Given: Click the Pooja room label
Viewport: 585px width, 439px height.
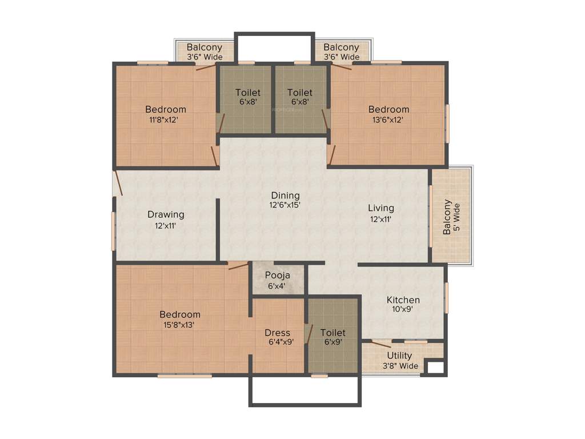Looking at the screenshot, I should pos(277,275).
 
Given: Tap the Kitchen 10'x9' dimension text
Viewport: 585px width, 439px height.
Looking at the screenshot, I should pos(403,309).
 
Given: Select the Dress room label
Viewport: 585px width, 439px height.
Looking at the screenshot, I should pos(277,333).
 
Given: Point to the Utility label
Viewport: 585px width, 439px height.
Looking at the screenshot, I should pos(399,356).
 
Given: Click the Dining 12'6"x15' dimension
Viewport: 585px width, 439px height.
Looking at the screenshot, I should pos(285,205).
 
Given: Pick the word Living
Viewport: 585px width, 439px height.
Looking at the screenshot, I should pos(380,208).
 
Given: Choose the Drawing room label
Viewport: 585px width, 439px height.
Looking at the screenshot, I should pos(166,214).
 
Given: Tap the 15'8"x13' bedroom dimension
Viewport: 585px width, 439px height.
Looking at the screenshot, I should pos(180,324).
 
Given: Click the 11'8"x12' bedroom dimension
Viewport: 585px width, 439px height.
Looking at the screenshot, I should pos(165,119).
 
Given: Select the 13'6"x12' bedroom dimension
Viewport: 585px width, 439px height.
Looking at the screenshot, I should pos(388,119).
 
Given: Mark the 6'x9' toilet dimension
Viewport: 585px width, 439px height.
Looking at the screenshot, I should pos(332,342).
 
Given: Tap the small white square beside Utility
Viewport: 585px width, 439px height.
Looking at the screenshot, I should pos(435,367).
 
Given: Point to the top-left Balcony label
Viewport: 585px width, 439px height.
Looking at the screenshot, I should pos(205,47).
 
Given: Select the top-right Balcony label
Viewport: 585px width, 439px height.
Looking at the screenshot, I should pos(341,47).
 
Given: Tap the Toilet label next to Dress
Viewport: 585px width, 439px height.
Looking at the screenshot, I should pos(332,332).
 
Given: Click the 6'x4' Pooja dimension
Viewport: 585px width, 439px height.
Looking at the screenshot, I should pos(277,285).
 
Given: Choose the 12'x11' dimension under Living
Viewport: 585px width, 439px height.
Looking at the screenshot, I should pos(380,218).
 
